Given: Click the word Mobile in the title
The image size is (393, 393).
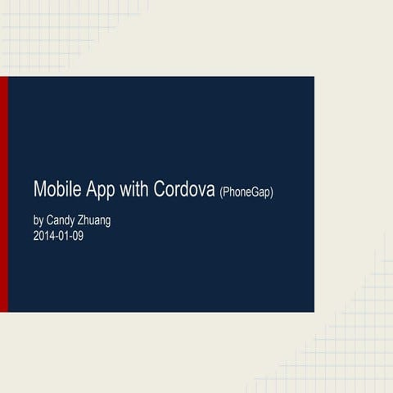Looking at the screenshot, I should click(x=55, y=190).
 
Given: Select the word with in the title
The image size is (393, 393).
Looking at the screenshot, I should click(x=135, y=190).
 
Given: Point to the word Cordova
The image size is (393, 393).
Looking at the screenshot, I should click(x=184, y=190).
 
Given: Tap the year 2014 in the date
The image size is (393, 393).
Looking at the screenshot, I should click(x=43, y=236).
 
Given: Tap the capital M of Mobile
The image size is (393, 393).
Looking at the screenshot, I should click(x=38, y=190).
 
